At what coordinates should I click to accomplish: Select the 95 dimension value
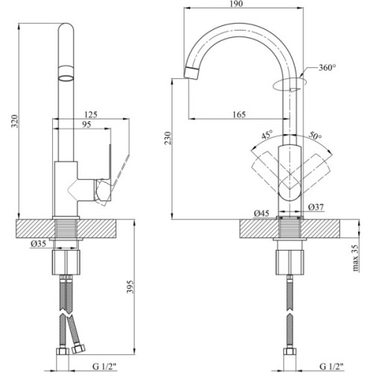coord(89,126)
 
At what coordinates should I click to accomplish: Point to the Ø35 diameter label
coord(40,244)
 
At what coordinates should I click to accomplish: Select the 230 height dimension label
coord(176,141)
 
